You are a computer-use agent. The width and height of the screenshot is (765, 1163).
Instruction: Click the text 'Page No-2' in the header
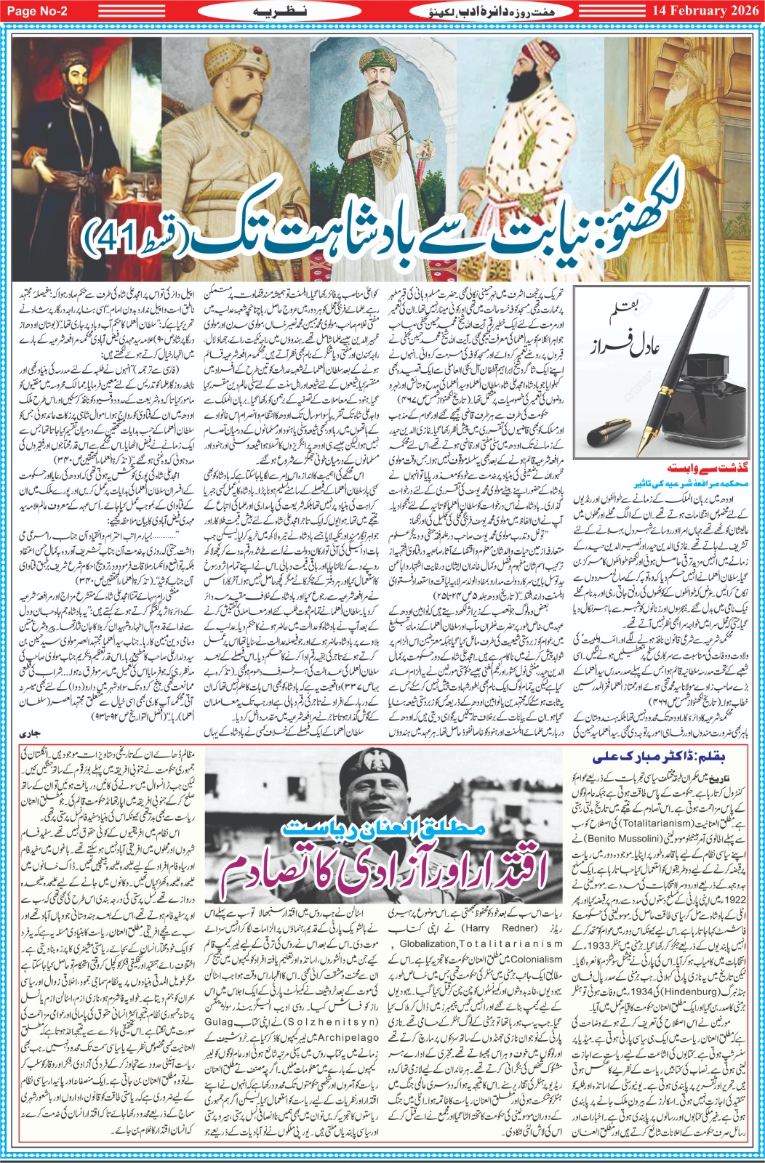click(38, 10)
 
